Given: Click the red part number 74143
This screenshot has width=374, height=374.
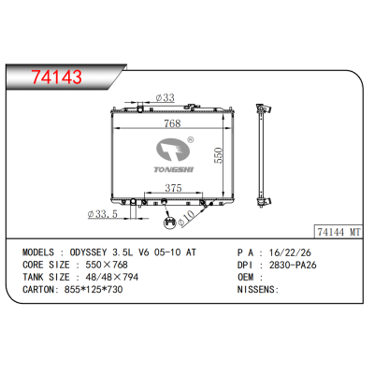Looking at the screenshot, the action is [56, 77].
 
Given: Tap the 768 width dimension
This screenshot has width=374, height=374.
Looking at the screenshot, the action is [172, 123].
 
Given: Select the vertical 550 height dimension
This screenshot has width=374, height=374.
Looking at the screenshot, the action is [219, 155].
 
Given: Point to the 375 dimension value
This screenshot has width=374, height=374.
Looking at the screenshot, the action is [173, 188].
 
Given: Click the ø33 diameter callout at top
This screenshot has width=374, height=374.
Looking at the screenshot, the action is [165, 97].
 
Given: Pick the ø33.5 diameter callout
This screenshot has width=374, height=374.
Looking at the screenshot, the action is [103, 214].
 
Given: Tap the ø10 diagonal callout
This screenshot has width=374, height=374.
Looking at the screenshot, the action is [186, 218].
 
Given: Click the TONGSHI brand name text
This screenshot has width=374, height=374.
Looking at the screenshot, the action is [174, 169].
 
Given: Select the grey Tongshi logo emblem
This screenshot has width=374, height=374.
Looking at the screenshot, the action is [173, 150].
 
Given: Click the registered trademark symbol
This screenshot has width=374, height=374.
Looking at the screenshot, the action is [190, 139].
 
